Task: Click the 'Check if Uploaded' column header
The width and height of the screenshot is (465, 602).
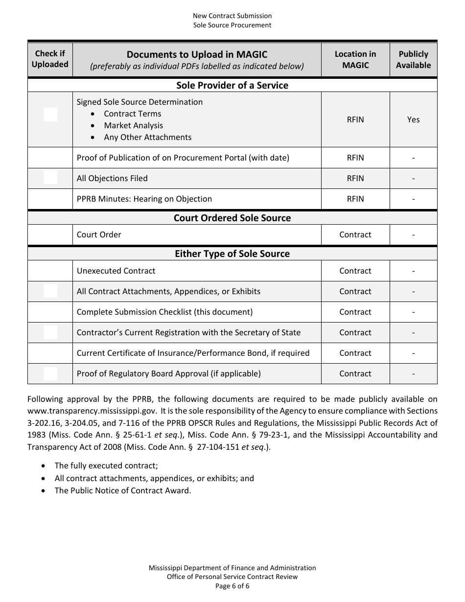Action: pos(50,59)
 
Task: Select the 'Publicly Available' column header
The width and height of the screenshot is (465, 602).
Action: pos(413,59)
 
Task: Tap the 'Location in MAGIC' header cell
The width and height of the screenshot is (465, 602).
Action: pos(355,59)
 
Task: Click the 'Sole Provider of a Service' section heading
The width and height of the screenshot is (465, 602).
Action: pos(232,85)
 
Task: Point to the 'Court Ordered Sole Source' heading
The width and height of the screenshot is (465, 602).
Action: pos(232,218)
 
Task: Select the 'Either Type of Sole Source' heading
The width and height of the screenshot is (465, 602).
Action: pos(232,254)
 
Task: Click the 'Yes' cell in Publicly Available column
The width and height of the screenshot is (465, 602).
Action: pos(413,119)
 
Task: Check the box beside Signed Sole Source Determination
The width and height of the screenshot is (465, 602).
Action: pos(50,115)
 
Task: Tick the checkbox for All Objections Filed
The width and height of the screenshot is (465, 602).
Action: pos(50,178)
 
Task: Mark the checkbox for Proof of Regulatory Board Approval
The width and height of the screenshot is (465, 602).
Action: pos(50,374)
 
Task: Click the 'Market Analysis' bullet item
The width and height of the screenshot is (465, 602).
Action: pos(133,125)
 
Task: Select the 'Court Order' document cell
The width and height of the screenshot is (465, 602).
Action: pos(99,234)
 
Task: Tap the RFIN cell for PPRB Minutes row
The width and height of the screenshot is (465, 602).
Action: pos(355,199)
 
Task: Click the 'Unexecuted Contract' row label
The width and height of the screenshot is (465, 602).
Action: pos(116,271)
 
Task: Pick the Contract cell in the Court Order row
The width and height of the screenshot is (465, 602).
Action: pos(355,234)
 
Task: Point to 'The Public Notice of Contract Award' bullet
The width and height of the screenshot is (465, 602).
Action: pos(122,490)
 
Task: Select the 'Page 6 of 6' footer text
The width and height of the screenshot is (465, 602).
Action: pos(232,586)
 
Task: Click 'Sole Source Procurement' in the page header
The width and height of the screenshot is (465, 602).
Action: pos(232,25)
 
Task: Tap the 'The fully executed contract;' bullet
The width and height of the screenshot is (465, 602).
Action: pos(106,466)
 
